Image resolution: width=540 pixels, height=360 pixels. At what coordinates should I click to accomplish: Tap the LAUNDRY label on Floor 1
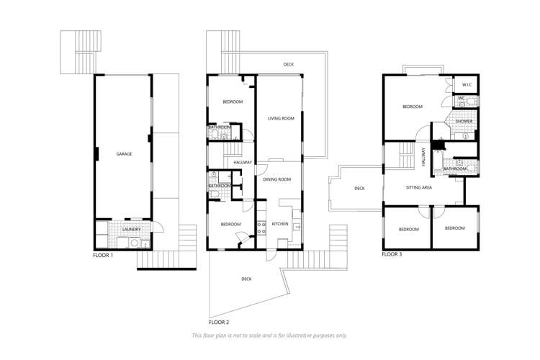tap(130, 230)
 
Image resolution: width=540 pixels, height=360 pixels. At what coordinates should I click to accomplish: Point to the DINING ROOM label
tap(276, 179)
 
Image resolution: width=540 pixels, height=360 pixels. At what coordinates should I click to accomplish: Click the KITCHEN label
tap(280, 224)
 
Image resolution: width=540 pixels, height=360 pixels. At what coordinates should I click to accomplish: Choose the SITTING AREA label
tap(418, 187)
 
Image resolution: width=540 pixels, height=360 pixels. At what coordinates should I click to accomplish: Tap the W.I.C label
tap(466, 85)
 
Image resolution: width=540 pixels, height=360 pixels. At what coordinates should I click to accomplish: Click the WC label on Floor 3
tap(461, 99)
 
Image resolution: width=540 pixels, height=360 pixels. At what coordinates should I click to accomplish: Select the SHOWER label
tap(464, 121)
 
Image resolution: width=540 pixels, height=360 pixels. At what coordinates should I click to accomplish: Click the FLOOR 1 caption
tap(104, 255)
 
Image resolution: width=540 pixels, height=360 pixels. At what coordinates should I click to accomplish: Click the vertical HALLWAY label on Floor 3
tap(424, 158)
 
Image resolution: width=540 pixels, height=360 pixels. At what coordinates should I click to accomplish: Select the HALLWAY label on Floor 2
tap(243, 163)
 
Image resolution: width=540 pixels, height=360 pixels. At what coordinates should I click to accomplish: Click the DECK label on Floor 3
tap(359, 189)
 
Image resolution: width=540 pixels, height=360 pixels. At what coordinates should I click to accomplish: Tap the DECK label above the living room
tap(288, 65)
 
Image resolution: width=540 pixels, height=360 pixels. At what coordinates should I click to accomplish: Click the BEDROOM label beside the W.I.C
tap(412, 107)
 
